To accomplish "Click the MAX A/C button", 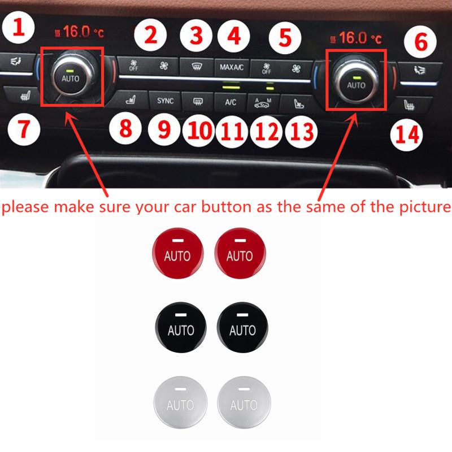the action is click(x=232, y=67).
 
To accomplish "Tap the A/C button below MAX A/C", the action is click(x=231, y=102).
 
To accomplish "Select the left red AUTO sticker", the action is click(x=178, y=253).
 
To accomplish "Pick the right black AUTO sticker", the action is click(x=242, y=327).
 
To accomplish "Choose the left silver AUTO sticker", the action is click(x=180, y=402).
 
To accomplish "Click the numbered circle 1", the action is click(x=19, y=27).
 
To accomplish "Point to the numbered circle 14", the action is click(x=406, y=134).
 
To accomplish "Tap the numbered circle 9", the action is click(x=164, y=129).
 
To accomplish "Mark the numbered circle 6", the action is click(x=420, y=41).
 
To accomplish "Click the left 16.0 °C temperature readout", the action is click(x=79, y=32).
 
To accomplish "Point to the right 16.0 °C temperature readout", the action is click(x=356, y=38).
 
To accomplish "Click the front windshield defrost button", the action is click(x=197, y=67).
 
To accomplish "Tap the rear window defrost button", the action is click(x=198, y=101).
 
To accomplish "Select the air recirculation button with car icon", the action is click(x=263, y=103).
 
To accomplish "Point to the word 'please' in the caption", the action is click(x=25, y=207).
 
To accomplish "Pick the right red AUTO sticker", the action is click(x=240, y=253).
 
